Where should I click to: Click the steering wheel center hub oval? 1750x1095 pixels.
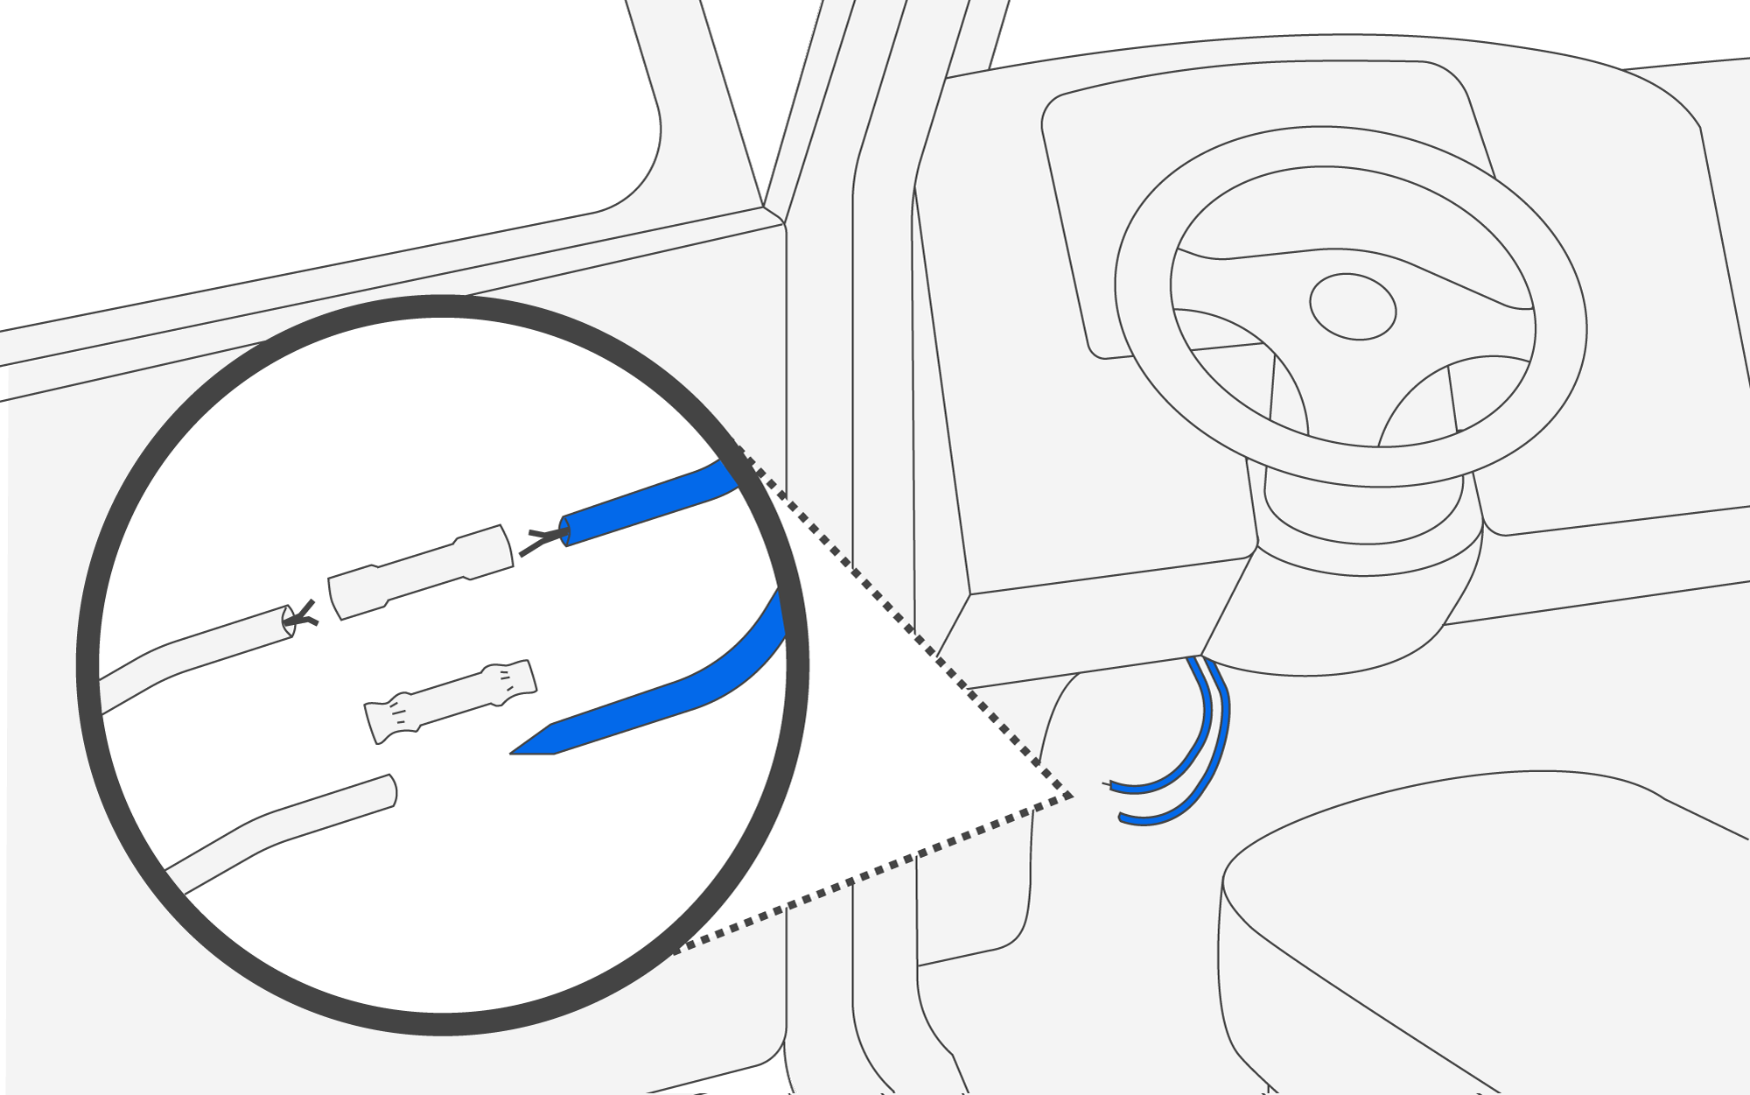1352,306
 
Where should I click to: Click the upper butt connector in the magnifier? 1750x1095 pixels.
420,572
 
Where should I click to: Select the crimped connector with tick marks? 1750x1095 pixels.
451,701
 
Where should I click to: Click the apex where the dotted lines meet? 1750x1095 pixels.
1072,797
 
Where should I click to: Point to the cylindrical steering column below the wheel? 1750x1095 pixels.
1365,516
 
